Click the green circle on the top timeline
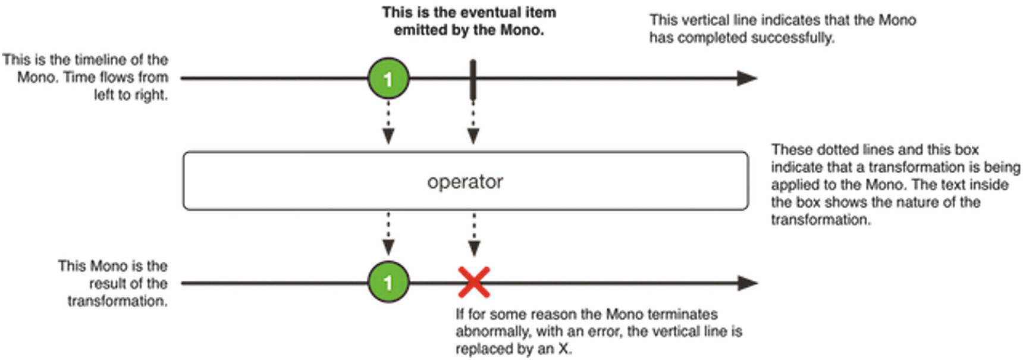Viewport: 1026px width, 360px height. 388,78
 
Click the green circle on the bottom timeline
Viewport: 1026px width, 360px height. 388,282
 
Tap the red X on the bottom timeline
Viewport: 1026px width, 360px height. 474,282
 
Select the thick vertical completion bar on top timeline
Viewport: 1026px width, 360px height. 473,79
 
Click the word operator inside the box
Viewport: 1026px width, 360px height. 465,181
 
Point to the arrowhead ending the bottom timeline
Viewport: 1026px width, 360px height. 747,283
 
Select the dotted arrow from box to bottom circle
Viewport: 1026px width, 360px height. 388,234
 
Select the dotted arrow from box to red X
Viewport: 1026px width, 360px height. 474,234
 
